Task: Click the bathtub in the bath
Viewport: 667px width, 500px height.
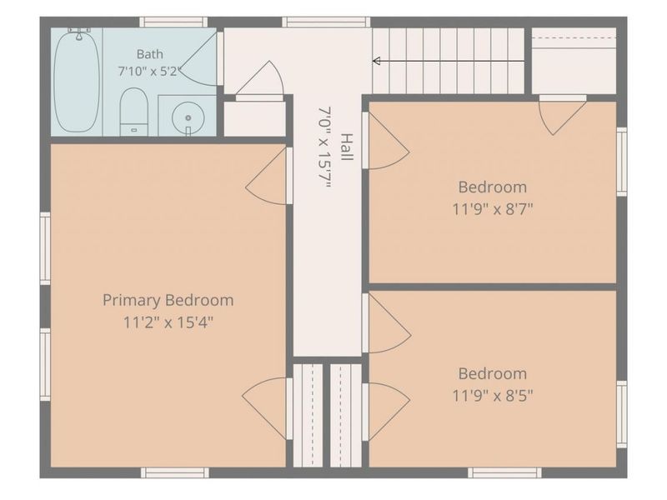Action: (x=77, y=82)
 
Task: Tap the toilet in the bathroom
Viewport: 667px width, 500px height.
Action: (x=133, y=112)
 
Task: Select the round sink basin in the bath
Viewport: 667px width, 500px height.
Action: (x=188, y=117)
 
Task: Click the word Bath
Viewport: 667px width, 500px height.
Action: (x=150, y=54)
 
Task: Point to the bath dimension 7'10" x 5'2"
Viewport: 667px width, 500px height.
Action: (x=149, y=72)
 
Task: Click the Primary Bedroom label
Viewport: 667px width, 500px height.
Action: (x=168, y=300)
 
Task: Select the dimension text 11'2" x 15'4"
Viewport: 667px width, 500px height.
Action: (x=168, y=322)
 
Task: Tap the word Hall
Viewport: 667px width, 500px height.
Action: (x=347, y=147)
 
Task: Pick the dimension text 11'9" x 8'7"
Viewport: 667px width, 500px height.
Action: (x=492, y=209)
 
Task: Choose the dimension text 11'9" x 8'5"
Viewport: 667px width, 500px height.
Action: (x=492, y=396)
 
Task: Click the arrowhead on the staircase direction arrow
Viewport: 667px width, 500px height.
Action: (x=376, y=61)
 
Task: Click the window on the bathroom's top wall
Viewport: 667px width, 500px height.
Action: (x=173, y=22)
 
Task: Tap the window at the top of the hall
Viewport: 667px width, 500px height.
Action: (x=326, y=22)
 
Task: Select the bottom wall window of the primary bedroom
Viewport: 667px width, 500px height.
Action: (x=175, y=472)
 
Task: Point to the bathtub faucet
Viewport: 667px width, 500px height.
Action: (x=79, y=33)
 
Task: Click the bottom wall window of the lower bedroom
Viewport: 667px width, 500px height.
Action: (x=504, y=472)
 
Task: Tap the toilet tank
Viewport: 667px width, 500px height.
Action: (x=133, y=129)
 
